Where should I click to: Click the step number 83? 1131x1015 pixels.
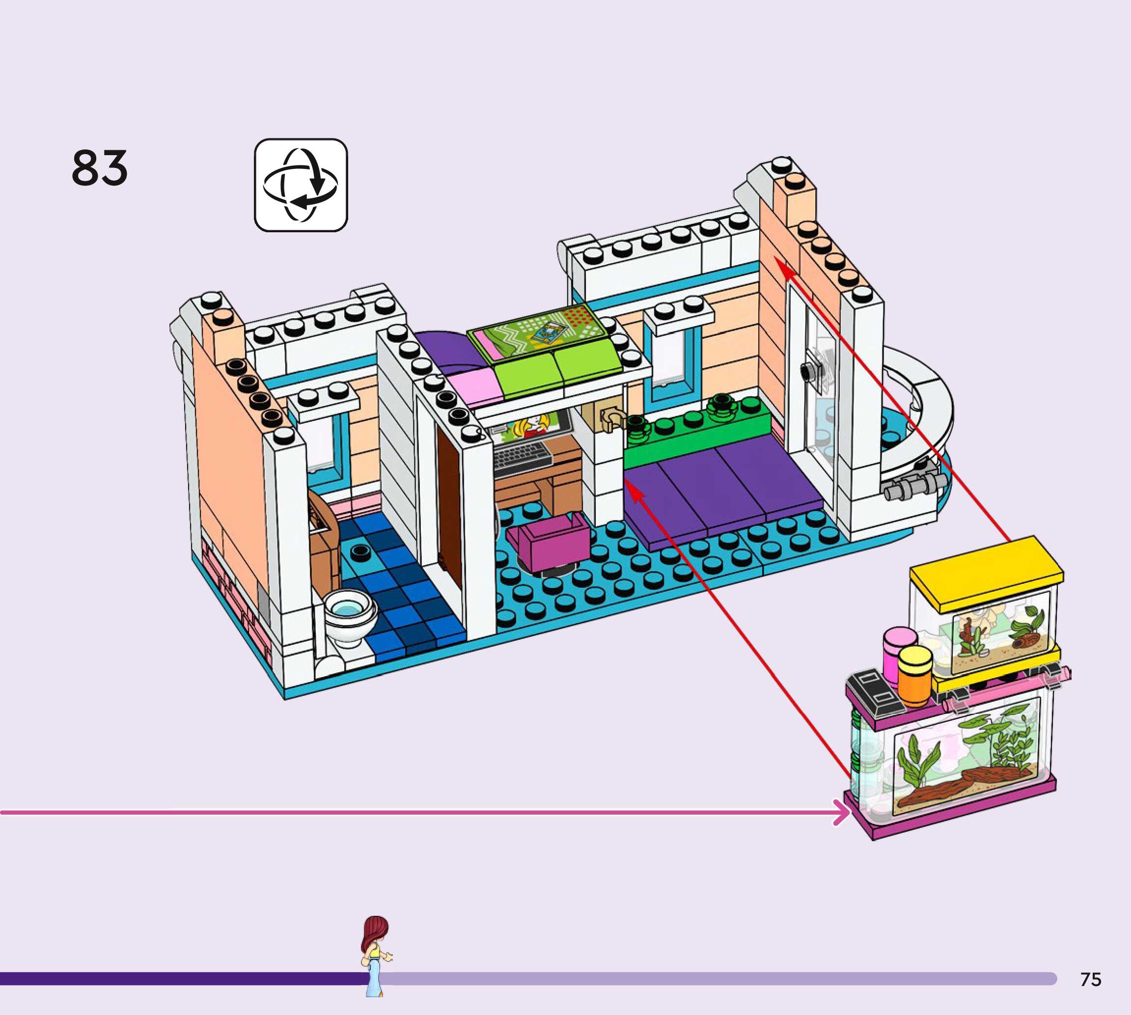pyautogui.click(x=99, y=167)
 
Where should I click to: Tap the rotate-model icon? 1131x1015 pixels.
pyautogui.click(x=301, y=185)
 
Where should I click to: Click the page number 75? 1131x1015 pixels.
pyautogui.click(x=1090, y=979)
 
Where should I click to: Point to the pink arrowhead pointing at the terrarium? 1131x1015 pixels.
pyautogui.click(x=841, y=812)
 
